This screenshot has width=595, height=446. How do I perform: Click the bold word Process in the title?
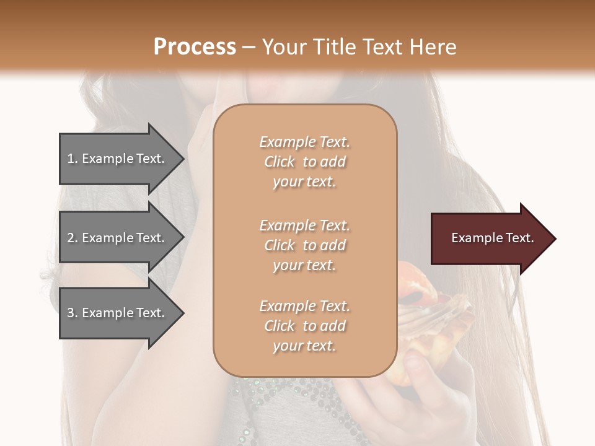tap(195, 47)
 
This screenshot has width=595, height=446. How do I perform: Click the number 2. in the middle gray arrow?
tap(73, 238)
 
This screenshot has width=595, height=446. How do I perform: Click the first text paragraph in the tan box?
tap(304, 162)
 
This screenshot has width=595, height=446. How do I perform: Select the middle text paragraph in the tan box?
tap(304, 245)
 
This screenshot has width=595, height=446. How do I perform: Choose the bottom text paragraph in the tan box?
tap(304, 326)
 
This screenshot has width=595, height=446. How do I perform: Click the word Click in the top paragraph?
tap(279, 162)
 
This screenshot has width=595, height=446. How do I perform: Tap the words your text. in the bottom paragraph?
tap(304, 346)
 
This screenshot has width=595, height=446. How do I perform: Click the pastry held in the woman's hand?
tap(434, 322)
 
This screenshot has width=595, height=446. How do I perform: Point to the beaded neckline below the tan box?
tap(291, 396)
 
